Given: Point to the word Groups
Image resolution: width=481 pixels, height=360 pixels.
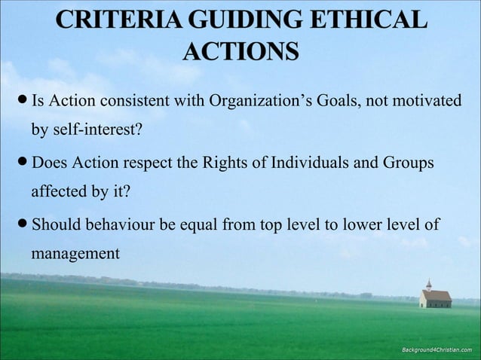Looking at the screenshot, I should pyautogui.click(x=406, y=163).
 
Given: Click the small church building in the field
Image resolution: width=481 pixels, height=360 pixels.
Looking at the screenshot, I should pyautogui.click(x=434, y=295).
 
